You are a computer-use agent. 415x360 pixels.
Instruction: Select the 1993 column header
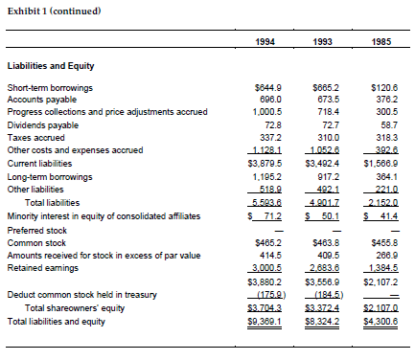coord(323,42)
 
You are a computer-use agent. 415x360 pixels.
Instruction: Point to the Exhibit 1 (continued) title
coord(53,11)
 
